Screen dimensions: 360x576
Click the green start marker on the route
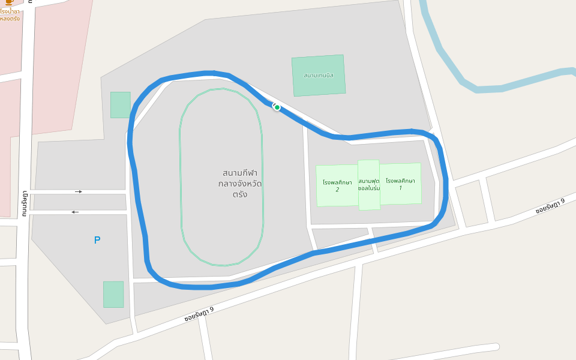tap(277, 107)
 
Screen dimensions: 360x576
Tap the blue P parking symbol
tap(97, 240)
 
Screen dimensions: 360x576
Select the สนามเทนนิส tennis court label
tap(318, 76)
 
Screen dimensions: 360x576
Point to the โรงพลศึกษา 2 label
tap(337, 185)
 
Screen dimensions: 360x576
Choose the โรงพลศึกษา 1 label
tap(400, 184)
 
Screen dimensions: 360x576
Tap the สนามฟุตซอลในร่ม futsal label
tap(369, 184)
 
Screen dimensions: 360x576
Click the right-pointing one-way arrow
tap(79, 191)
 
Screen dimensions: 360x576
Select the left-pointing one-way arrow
tap(75, 212)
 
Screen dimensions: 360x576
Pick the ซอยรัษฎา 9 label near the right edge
tap(550, 206)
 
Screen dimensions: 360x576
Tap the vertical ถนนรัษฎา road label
tap(25, 205)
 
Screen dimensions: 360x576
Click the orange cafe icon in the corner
tap(9, 3)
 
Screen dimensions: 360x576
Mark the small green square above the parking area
tap(120, 104)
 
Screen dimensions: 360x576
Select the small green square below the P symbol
tap(113, 294)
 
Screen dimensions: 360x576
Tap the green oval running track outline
tap(180, 180)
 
